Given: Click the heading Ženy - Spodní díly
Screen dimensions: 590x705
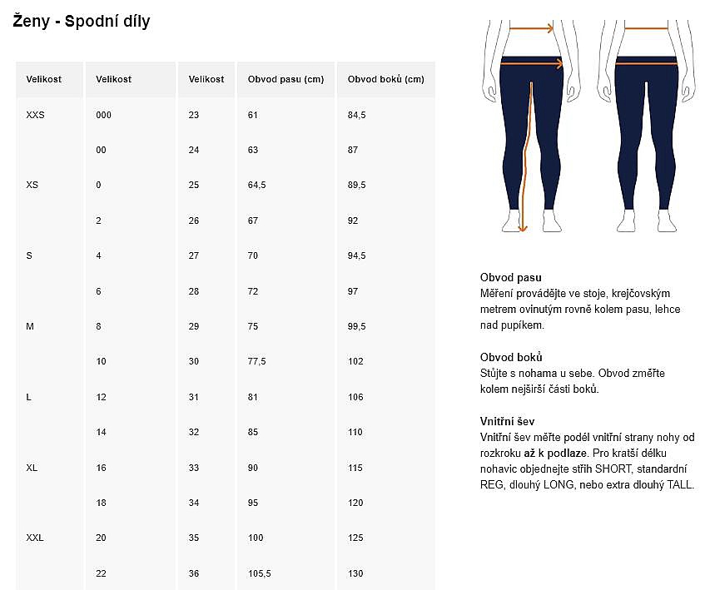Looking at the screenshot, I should tap(82, 22).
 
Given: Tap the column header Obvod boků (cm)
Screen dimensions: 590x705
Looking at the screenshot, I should tap(385, 80).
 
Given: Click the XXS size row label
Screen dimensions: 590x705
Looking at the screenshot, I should tap(35, 115).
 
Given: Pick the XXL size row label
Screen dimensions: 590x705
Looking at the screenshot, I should tap(35, 538).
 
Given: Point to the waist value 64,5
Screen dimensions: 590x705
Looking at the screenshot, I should tap(256, 185).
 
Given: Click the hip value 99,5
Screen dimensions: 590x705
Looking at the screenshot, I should tap(356, 326).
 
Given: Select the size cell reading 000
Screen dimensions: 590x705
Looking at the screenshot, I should tap(103, 115).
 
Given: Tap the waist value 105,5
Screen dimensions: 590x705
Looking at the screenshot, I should tap(259, 573).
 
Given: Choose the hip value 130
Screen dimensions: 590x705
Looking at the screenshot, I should tap(355, 573).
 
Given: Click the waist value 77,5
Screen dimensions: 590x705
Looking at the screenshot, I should tap(256, 361).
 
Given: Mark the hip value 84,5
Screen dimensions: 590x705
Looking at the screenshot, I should tap(356, 115).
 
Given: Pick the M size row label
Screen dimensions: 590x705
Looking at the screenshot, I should tap(30, 326).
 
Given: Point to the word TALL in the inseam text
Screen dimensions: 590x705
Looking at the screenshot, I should tap(680, 484).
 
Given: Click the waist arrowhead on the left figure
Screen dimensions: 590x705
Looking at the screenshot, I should tap(551, 28).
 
